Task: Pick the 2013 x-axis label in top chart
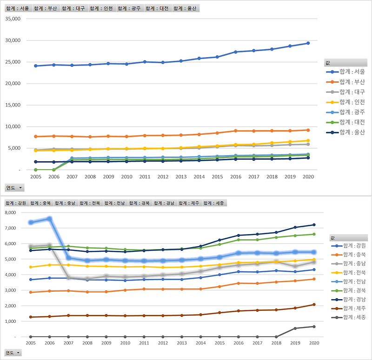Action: (x=181, y=177)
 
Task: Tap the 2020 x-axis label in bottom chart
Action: (x=313, y=343)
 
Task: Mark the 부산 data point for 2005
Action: (x=35, y=137)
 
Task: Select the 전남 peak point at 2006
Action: (x=49, y=218)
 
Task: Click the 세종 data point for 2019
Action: (x=294, y=328)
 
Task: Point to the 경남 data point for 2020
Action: (x=313, y=225)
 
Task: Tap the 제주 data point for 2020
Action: (x=313, y=305)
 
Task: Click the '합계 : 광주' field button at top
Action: (x=130, y=8)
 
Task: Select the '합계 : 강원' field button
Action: (x=16, y=203)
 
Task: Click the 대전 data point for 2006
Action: (x=54, y=170)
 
